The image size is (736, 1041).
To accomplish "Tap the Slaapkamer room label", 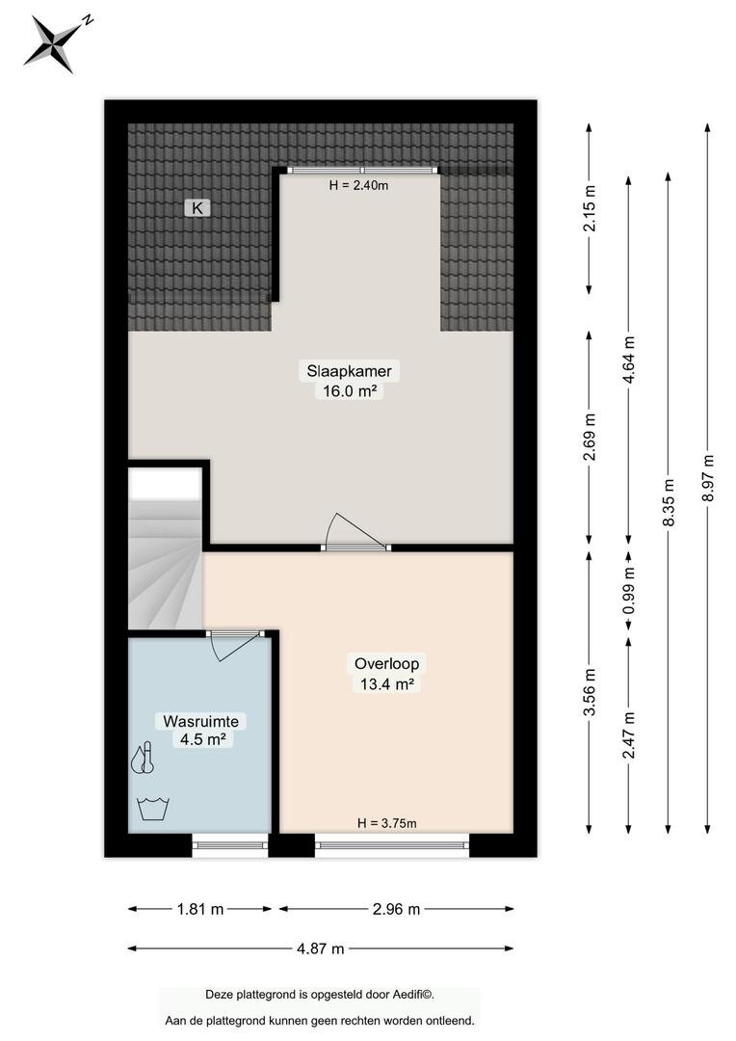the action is tap(349, 370).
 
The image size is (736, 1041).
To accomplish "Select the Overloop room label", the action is tap(386, 663).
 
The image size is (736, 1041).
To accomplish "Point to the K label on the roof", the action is tap(197, 208).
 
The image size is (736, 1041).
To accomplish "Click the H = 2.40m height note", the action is tap(358, 186).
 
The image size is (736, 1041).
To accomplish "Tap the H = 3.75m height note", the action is tap(387, 823).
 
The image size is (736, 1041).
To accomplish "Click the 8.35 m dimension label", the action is tap(669, 502).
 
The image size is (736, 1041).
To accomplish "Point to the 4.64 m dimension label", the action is tap(629, 360).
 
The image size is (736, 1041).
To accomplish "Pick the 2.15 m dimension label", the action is tap(590, 208).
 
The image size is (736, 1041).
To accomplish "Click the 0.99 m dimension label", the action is tap(629, 591).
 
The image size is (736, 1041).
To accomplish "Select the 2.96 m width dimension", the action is tap(396, 909).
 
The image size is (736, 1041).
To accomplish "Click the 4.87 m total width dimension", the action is tap(321, 948).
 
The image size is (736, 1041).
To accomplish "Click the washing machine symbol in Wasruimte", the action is tap(153, 810).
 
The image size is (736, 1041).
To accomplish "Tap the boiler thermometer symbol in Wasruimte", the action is tap(144, 759).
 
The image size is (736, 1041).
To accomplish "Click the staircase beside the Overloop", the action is tap(166, 547).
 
